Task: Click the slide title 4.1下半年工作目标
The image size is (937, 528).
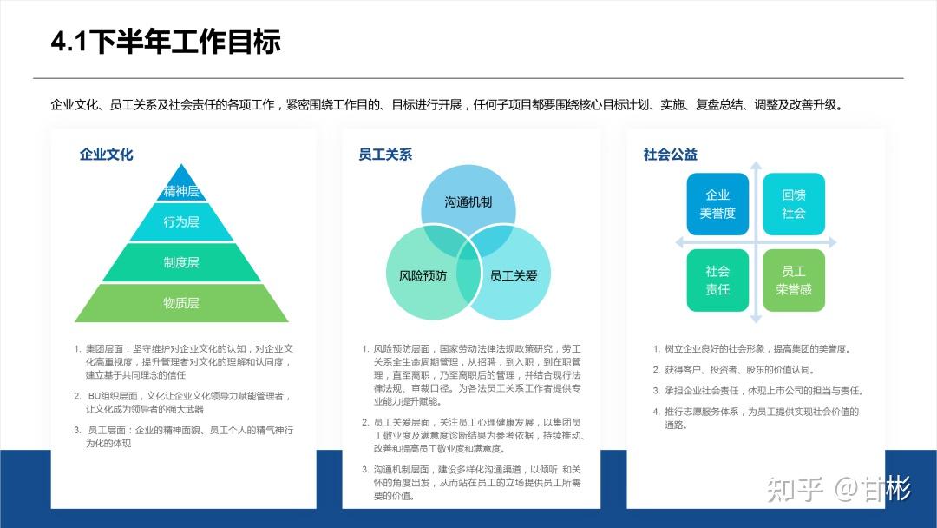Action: (166, 42)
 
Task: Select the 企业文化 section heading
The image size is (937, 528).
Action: (106, 155)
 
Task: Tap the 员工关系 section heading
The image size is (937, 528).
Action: (385, 155)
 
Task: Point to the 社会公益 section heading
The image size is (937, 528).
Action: (670, 155)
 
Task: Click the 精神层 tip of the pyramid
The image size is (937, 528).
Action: (181, 191)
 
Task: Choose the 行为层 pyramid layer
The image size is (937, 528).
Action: (181, 222)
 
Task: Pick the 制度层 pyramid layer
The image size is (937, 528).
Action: (181, 262)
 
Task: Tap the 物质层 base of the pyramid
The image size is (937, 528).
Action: (181, 303)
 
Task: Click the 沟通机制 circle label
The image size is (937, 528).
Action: (468, 202)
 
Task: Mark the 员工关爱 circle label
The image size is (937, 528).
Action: (514, 276)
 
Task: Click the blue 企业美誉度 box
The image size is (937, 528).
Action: (717, 204)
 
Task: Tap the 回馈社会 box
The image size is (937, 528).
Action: (794, 204)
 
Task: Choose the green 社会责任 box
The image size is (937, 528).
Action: (717, 280)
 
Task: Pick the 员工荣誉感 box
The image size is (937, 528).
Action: (794, 280)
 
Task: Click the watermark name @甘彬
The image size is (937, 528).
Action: (872, 490)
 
